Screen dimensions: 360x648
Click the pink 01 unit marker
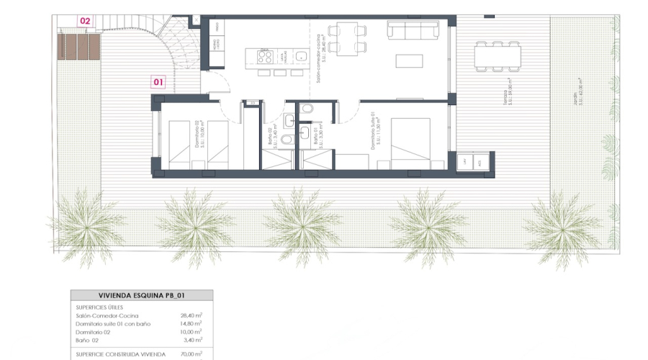point(159,82)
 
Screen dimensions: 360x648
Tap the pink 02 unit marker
point(86,21)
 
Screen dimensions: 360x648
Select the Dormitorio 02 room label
point(199,134)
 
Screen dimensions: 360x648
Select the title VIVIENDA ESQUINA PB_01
point(141,295)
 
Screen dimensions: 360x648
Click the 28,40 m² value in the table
point(191,315)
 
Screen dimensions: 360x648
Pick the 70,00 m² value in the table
point(191,354)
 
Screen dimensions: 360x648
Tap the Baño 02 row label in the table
point(88,339)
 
